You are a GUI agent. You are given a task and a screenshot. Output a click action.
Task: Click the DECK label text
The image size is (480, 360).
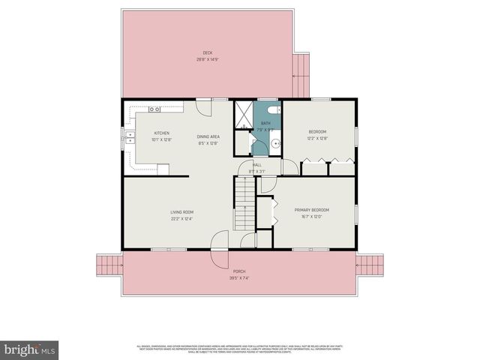(x=208, y=52)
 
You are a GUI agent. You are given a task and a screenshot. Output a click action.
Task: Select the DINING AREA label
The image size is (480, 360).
(x=208, y=136)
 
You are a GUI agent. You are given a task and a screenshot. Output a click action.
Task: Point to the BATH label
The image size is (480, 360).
(x=265, y=123)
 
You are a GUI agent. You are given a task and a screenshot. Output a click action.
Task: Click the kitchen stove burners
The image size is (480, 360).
(x=154, y=109)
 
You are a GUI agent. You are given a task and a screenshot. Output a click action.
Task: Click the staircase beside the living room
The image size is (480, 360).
(x=244, y=205)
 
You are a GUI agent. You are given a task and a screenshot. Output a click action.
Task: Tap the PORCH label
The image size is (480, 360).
(x=239, y=271)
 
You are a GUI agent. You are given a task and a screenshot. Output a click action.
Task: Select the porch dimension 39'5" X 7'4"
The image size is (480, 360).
(x=239, y=277)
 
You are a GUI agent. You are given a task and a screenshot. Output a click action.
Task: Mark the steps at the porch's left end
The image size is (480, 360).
(x=109, y=266)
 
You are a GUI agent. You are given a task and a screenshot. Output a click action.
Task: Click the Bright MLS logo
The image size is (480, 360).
(x=30, y=349)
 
